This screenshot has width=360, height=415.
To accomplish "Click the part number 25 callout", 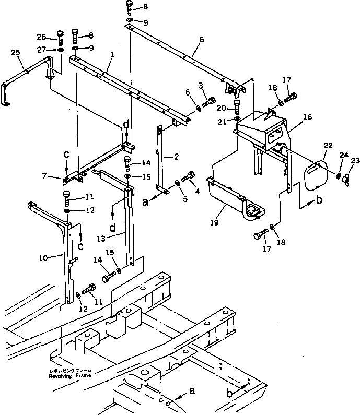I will point(16,53).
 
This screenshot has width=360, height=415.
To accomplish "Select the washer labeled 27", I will point(61,49).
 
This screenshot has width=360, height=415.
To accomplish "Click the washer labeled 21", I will point(238,119).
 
